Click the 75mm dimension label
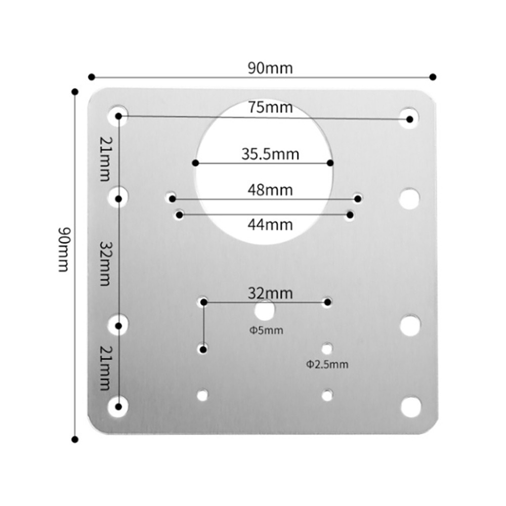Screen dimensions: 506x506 tap(270, 107)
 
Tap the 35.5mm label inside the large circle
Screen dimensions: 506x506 tap(270, 154)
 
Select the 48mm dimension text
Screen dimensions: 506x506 tap(270, 190)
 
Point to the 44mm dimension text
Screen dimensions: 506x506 tap(270, 224)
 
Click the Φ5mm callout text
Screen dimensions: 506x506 tap(266, 330)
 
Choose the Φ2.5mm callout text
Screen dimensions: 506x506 tap(327, 365)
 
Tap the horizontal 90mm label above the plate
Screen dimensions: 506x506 tap(270, 68)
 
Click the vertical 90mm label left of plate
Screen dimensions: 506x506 tap(63, 249)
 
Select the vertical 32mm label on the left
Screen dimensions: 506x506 tap(105, 263)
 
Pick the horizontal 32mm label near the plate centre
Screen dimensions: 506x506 tap(270, 293)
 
